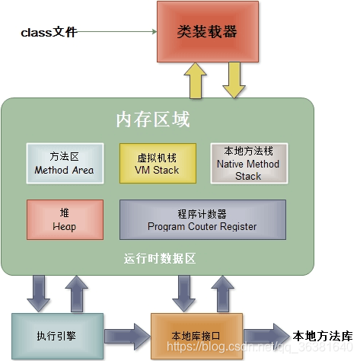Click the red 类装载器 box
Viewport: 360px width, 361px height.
pyautogui.click(x=207, y=33)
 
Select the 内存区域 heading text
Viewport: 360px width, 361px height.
pyautogui.click(x=152, y=120)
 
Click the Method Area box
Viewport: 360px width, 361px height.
pyautogui.click(x=64, y=164)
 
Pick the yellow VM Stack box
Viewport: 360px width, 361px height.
pyautogui.click(x=157, y=164)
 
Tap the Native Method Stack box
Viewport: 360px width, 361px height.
pyautogui.click(x=247, y=164)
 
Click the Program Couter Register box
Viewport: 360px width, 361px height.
pyautogui.click(x=202, y=219)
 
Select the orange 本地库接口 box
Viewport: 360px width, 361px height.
pyautogui.click(x=196, y=335)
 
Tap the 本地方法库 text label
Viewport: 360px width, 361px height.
pyautogui.click(x=323, y=335)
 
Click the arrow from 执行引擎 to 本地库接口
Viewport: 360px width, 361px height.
pyautogui.click(x=126, y=335)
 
